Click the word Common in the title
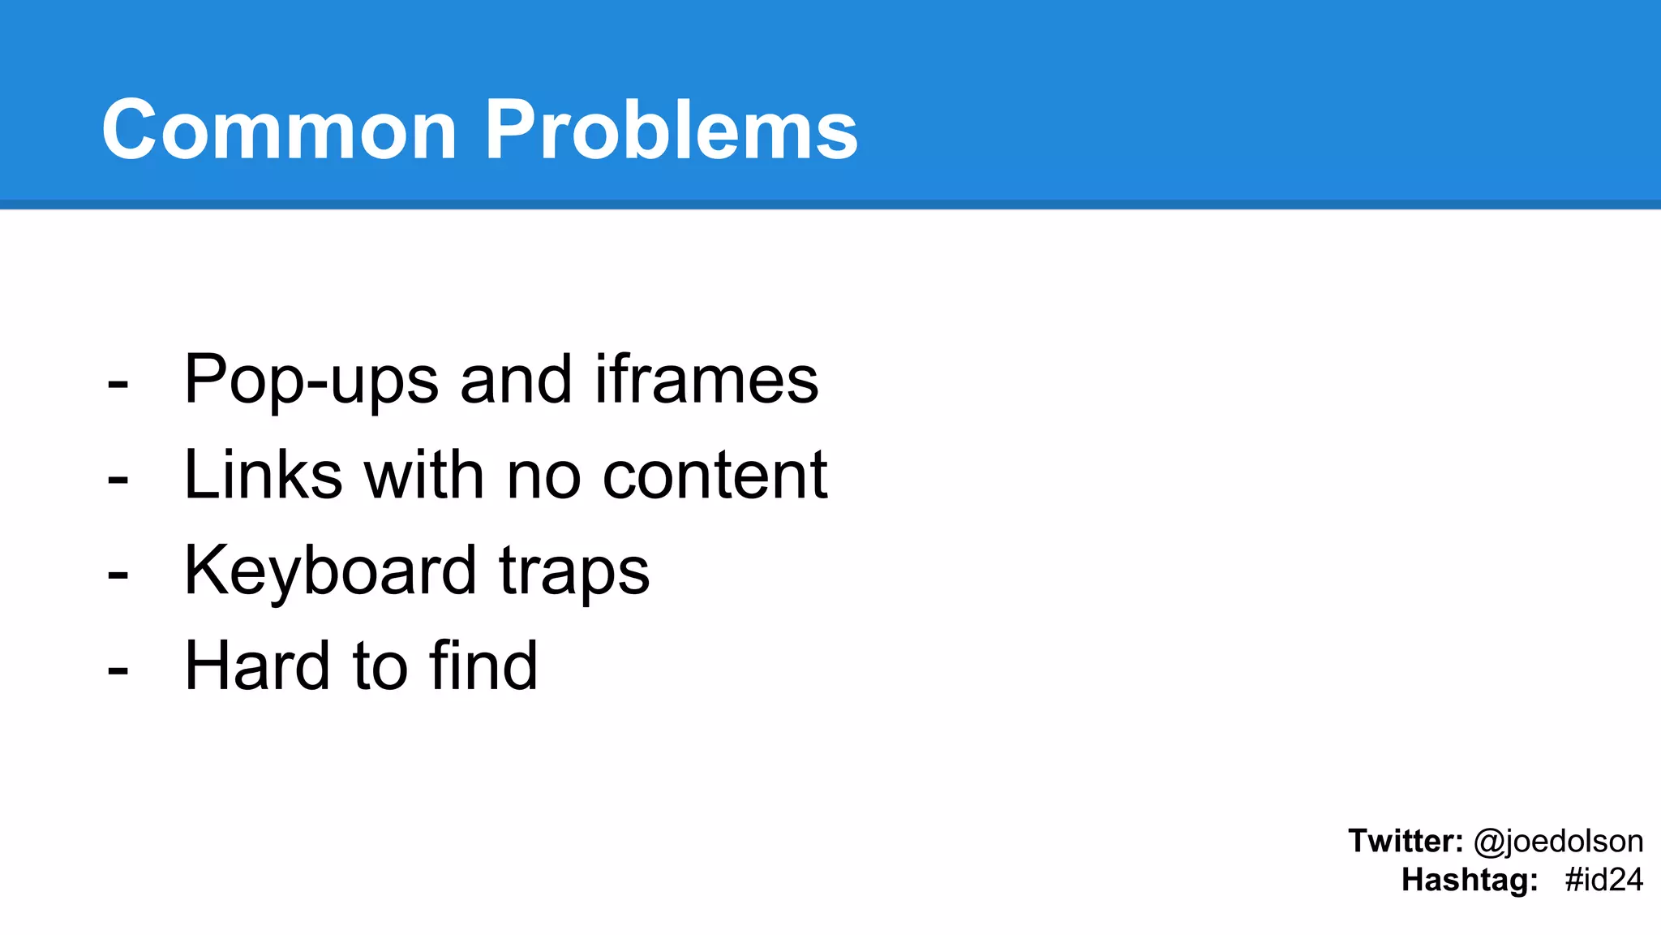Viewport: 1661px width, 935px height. (279, 130)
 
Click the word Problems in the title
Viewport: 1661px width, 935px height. (671, 130)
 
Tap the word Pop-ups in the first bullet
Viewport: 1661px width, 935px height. (311, 380)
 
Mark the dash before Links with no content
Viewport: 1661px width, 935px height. (118, 480)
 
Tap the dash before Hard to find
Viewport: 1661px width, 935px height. (118, 671)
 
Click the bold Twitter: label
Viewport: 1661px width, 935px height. (1406, 841)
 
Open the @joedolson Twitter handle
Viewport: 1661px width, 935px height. (1558, 842)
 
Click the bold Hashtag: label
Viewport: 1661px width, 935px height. (1470, 880)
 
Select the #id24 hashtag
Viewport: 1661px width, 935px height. (1603, 880)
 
